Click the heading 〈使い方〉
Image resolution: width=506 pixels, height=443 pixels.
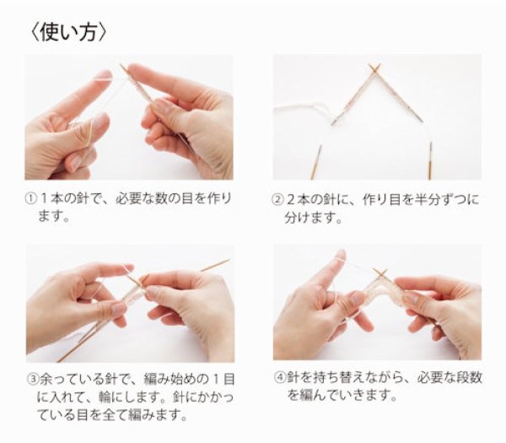[x=67, y=32]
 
